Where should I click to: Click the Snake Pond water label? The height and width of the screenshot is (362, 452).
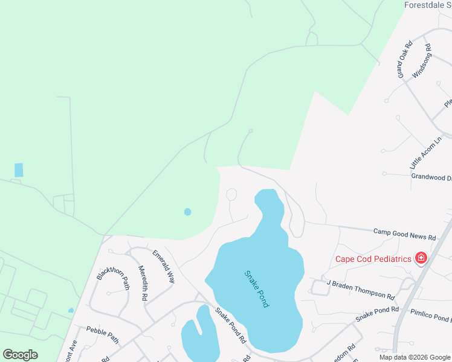[x=256, y=289]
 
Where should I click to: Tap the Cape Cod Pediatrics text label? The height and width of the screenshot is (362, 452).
[x=374, y=259]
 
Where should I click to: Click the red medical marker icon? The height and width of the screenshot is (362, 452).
[x=421, y=259]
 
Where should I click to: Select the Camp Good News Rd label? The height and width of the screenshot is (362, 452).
[x=404, y=234]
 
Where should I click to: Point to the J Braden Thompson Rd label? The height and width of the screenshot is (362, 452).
[x=360, y=289]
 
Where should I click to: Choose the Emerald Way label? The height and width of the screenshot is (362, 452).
[x=163, y=267]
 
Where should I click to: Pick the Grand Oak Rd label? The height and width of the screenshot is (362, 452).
[x=404, y=59]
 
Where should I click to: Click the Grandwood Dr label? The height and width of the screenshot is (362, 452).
[x=431, y=177]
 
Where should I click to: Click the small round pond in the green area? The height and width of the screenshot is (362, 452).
[x=187, y=212]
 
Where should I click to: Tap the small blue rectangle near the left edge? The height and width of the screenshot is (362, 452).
[x=19, y=170]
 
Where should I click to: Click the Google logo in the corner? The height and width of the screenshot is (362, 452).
[x=20, y=355]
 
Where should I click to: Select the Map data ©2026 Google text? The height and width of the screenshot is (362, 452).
[x=415, y=357]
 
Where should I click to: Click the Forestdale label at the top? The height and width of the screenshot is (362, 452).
[x=427, y=5]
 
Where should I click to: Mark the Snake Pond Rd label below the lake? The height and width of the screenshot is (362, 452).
[x=231, y=326]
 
